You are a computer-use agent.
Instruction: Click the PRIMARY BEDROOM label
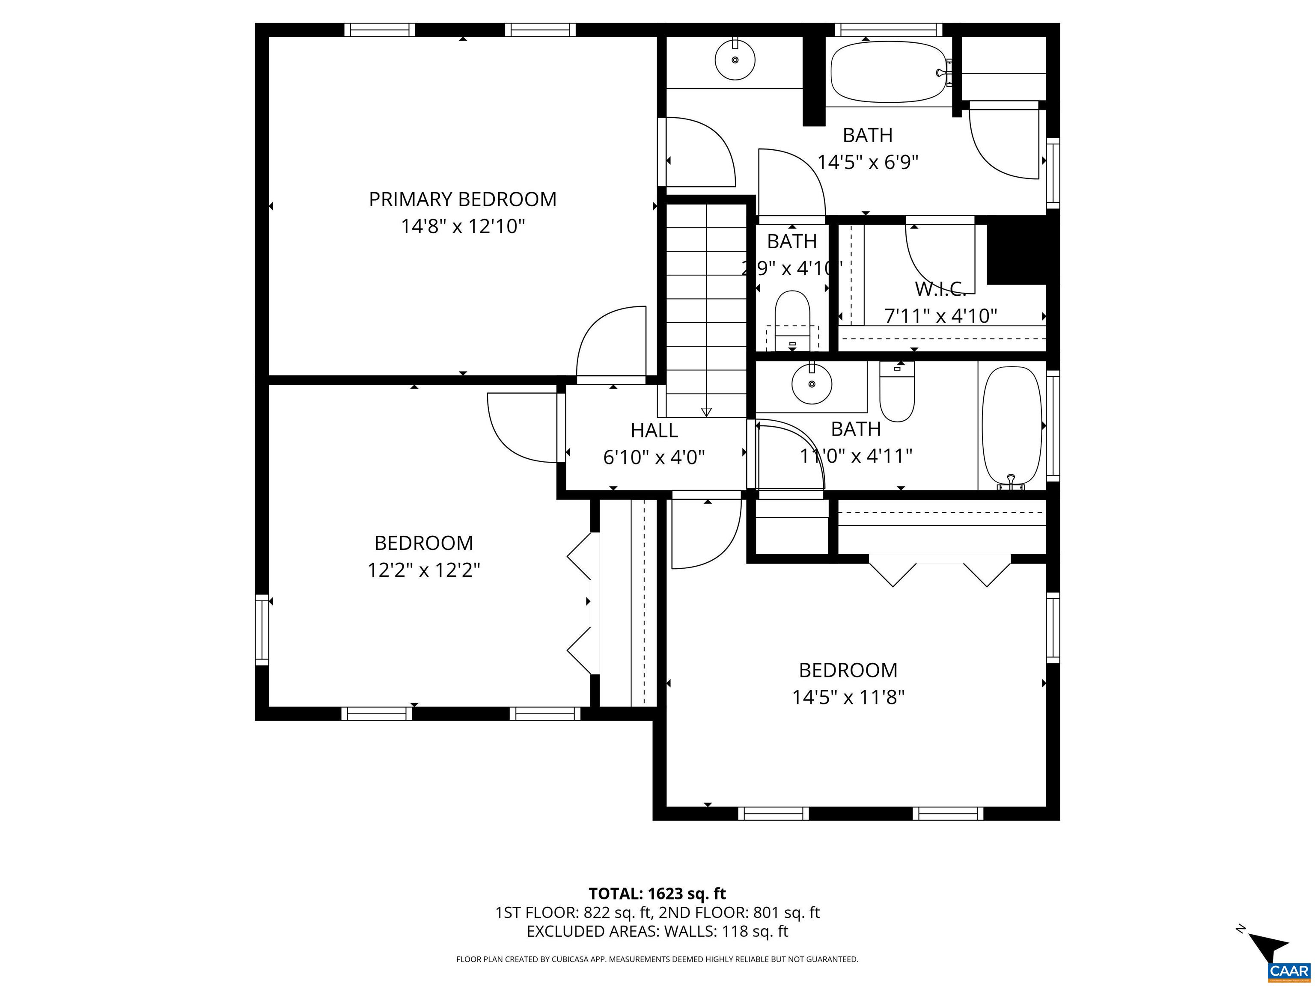click(x=462, y=199)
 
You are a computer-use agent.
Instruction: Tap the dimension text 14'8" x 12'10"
click(x=462, y=226)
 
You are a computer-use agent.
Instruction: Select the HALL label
click(x=654, y=430)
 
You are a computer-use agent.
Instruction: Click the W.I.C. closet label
click(x=940, y=289)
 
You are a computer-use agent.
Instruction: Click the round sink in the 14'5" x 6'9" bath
click(x=735, y=60)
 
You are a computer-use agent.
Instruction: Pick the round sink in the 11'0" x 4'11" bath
click(x=812, y=384)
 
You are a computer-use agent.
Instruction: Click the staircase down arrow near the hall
click(x=706, y=411)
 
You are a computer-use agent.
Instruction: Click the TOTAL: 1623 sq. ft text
click(x=657, y=893)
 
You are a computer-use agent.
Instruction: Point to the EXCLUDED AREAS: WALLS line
click(x=657, y=931)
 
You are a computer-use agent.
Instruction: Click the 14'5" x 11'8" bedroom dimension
click(x=848, y=697)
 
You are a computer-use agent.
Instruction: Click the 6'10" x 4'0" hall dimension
click(x=654, y=457)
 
